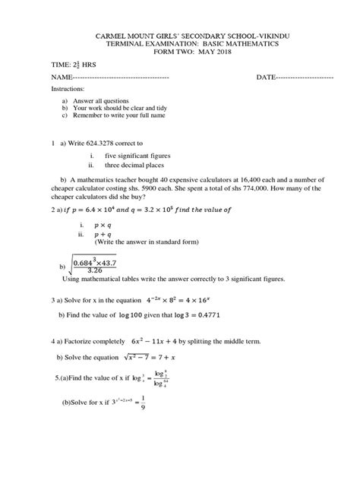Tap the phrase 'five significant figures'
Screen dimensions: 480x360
137,156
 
